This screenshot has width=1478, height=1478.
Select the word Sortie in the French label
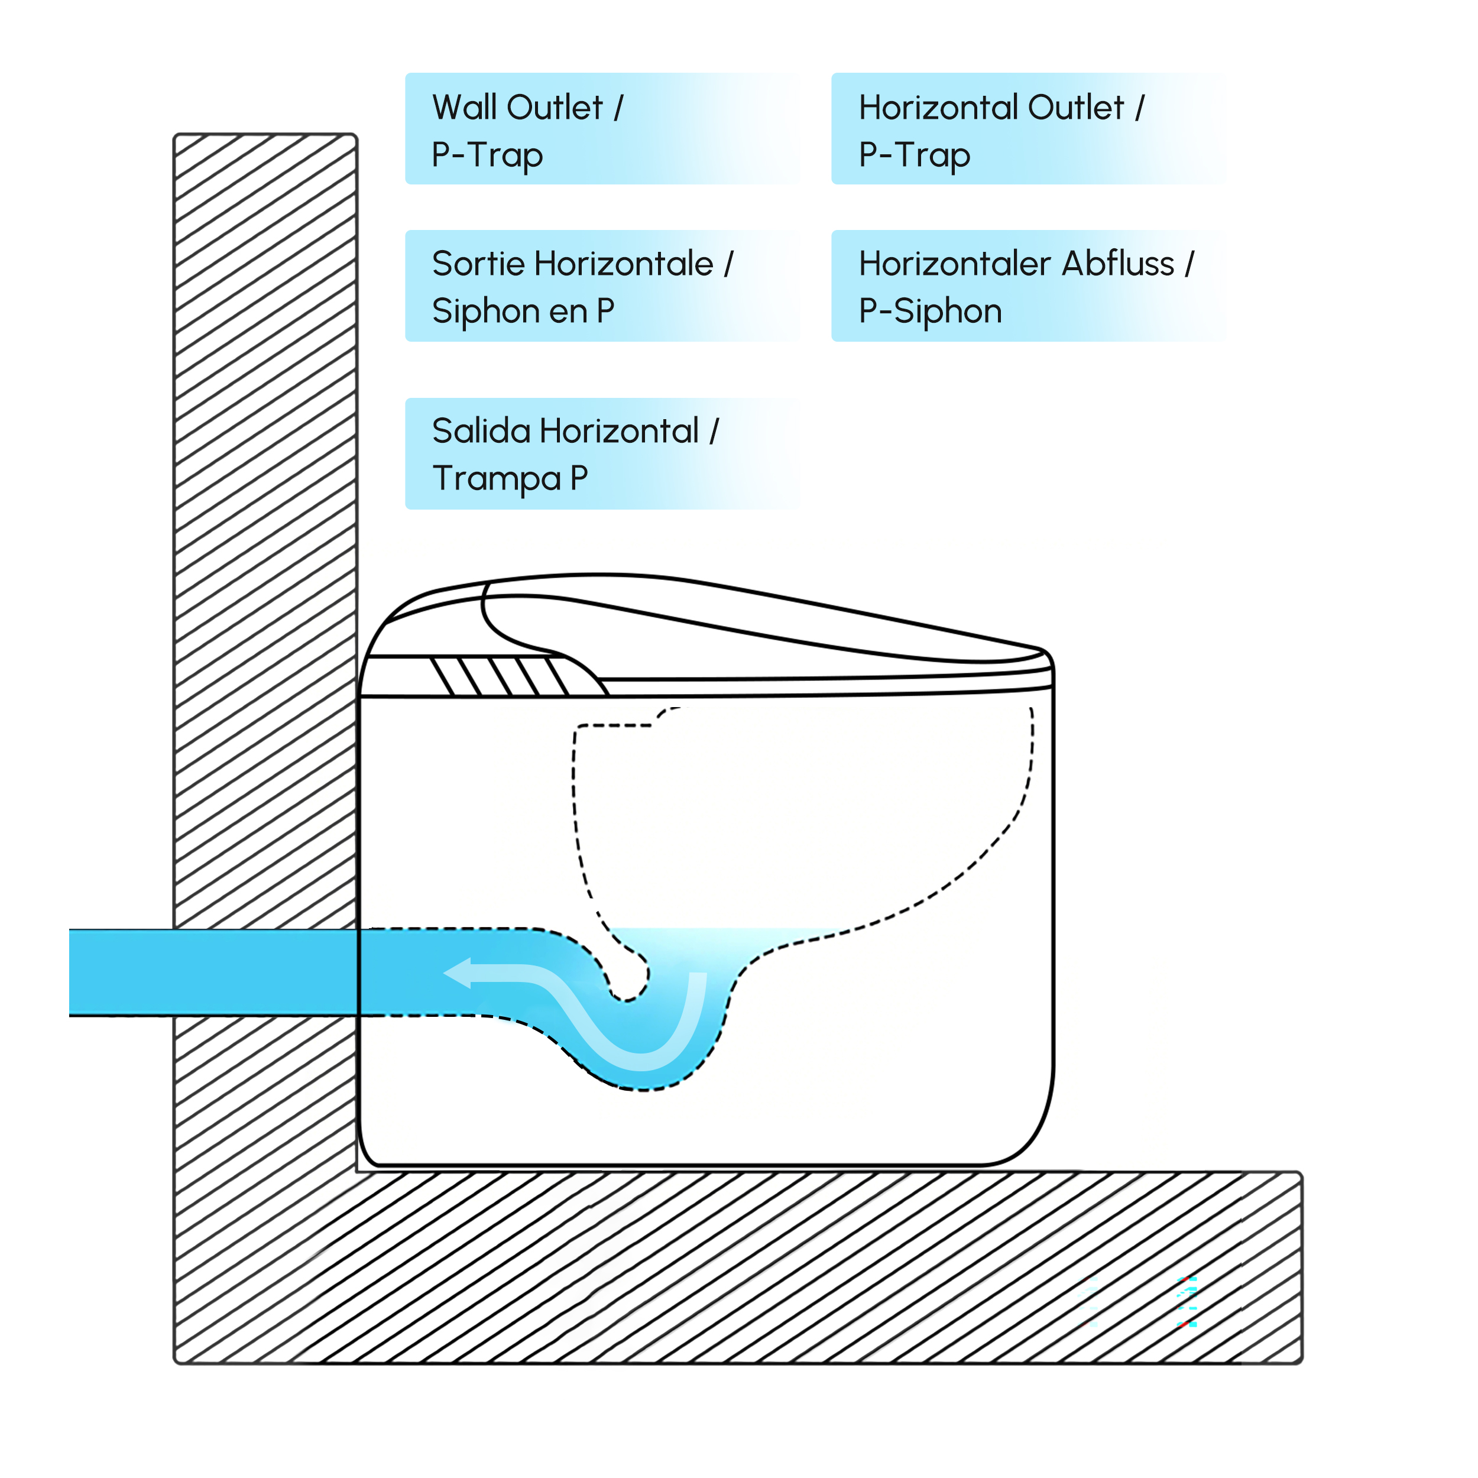tap(479, 263)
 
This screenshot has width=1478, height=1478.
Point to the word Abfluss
tap(1118, 263)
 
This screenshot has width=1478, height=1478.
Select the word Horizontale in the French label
tap(624, 263)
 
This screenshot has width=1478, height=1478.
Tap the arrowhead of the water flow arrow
tap(458, 973)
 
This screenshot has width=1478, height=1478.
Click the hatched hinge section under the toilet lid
tap(501, 676)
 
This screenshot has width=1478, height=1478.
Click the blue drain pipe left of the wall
tap(122, 973)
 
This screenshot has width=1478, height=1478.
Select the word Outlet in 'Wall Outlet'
tap(556, 107)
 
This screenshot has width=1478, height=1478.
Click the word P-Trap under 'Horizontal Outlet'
tap(915, 155)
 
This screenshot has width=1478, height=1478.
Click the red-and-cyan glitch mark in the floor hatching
tap(1187, 1301)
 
